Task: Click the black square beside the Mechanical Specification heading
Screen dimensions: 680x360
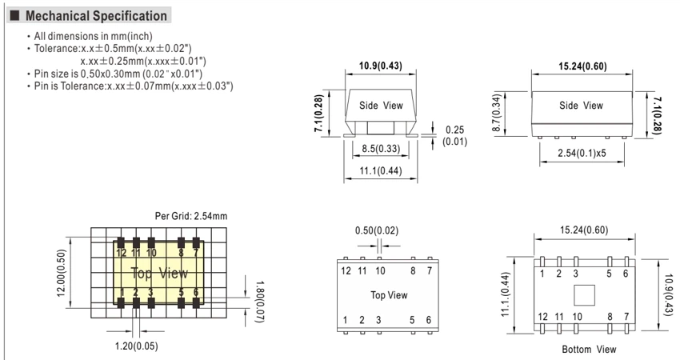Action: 14,16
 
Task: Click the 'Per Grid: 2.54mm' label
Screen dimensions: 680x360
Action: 191,216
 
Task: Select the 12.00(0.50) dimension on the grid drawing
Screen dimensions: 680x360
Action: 62,273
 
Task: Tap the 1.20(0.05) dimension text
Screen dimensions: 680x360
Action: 136,346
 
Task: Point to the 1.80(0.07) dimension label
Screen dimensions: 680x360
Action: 259,302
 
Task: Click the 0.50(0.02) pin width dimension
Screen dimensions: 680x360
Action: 377,230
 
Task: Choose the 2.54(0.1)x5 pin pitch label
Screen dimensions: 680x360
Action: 582,153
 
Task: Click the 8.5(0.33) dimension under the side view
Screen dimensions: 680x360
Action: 381,149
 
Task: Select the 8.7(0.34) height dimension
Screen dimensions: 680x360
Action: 497,112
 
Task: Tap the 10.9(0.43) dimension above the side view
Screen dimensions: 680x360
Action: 380,66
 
